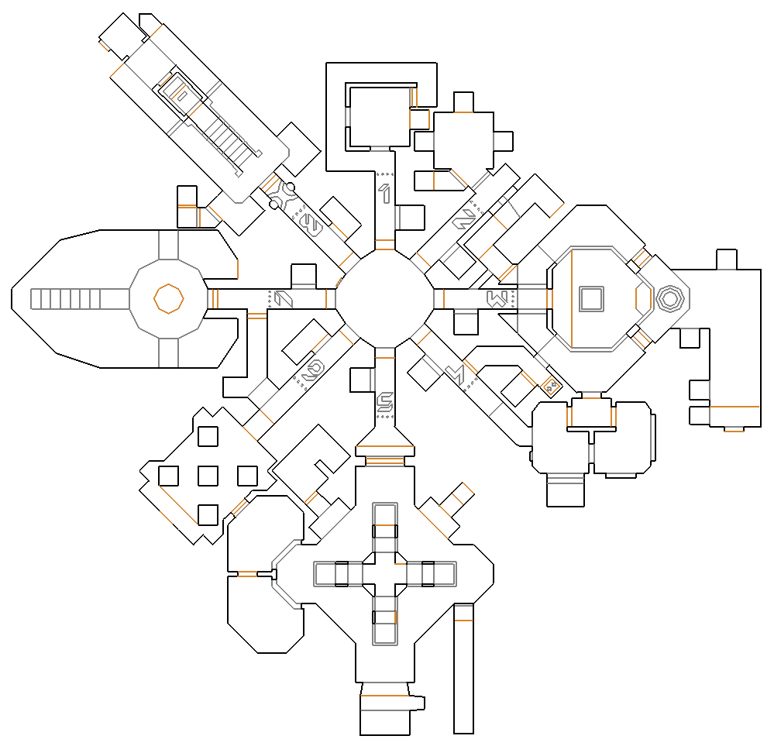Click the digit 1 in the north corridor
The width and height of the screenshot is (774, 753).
384,192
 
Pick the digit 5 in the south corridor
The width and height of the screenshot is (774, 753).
384,403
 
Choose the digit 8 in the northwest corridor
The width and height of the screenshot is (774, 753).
311,225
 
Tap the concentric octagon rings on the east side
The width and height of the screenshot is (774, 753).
669,298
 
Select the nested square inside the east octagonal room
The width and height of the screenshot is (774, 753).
592,299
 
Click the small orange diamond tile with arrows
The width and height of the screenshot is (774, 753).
551,386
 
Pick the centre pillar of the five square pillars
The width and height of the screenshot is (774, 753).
208,475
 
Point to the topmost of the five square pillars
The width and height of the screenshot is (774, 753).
208,436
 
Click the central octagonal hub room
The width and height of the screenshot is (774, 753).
384,298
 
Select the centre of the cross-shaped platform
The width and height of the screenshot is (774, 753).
384,574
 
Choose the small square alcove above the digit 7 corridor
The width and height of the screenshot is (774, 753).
304,276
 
